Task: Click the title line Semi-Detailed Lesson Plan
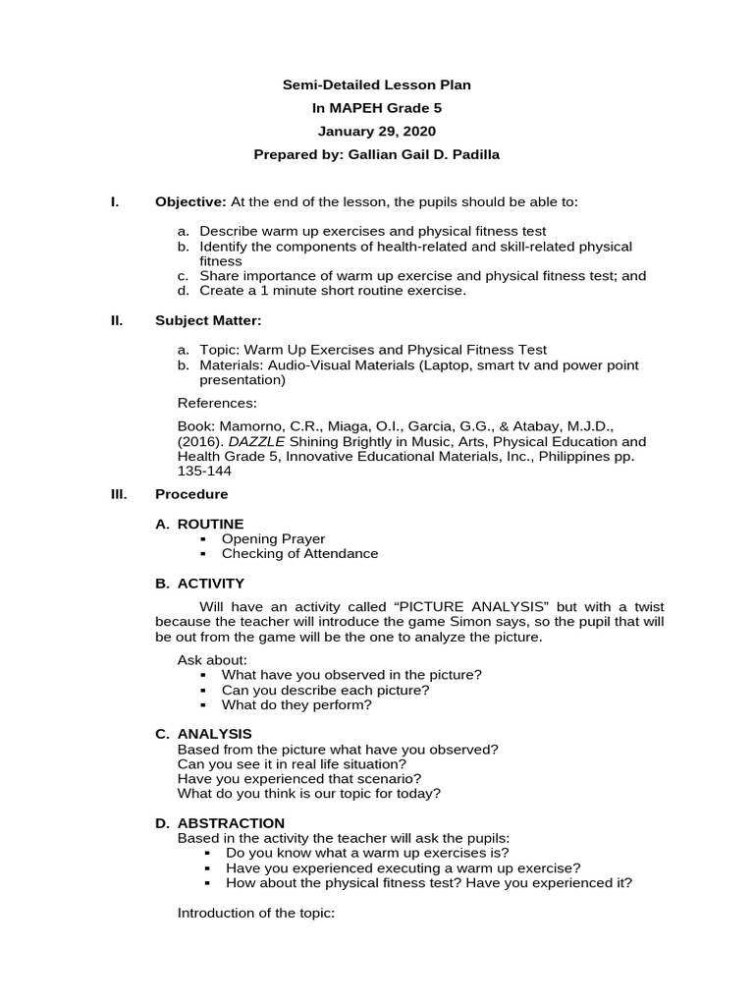click(x=377, y=85)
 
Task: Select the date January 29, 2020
click(x=377, y=132)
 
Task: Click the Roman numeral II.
click(x=115, y=320)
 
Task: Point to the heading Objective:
click(x=190, y=202)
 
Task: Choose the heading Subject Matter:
click(x=208, y=320)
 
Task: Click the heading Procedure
click(x=191, y=494)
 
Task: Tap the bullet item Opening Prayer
click(x=273, y=538)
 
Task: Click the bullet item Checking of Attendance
click(x=299, y=553)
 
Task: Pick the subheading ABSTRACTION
click(x=231, y=822)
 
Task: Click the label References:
click(x=217, y=403)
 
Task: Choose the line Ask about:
click(x=212, y=659)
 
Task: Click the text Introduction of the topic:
click(x=256, y=913)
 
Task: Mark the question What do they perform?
click(x=296, y=704)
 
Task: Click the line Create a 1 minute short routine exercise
click(x=333, y=291)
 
